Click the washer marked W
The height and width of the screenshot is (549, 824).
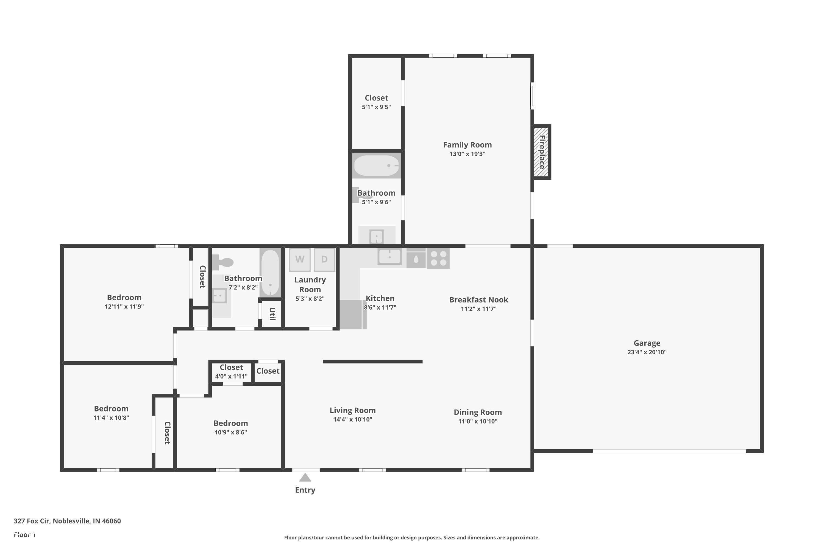[300, 259]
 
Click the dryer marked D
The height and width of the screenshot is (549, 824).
[324, 259]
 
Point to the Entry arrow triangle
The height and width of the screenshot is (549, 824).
[305, 478]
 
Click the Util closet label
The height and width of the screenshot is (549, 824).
[272, 314]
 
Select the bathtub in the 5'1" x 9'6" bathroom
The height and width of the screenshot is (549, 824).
[376, 166]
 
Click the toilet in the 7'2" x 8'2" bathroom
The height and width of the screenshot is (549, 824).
[222, 262]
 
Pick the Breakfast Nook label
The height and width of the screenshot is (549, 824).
[478, 300]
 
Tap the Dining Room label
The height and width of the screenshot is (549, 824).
[478, 412]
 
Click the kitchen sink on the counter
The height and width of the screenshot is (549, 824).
[389, 257]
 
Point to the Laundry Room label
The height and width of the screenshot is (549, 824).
[310, 285]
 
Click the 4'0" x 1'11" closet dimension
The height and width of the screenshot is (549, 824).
[231, 376]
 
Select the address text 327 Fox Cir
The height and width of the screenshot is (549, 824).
[67, 521]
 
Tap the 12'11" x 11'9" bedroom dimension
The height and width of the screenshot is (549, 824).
[124, 306]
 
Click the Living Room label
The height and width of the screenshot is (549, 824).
[352, 410]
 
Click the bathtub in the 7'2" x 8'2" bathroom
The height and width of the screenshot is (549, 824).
[270, 273]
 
